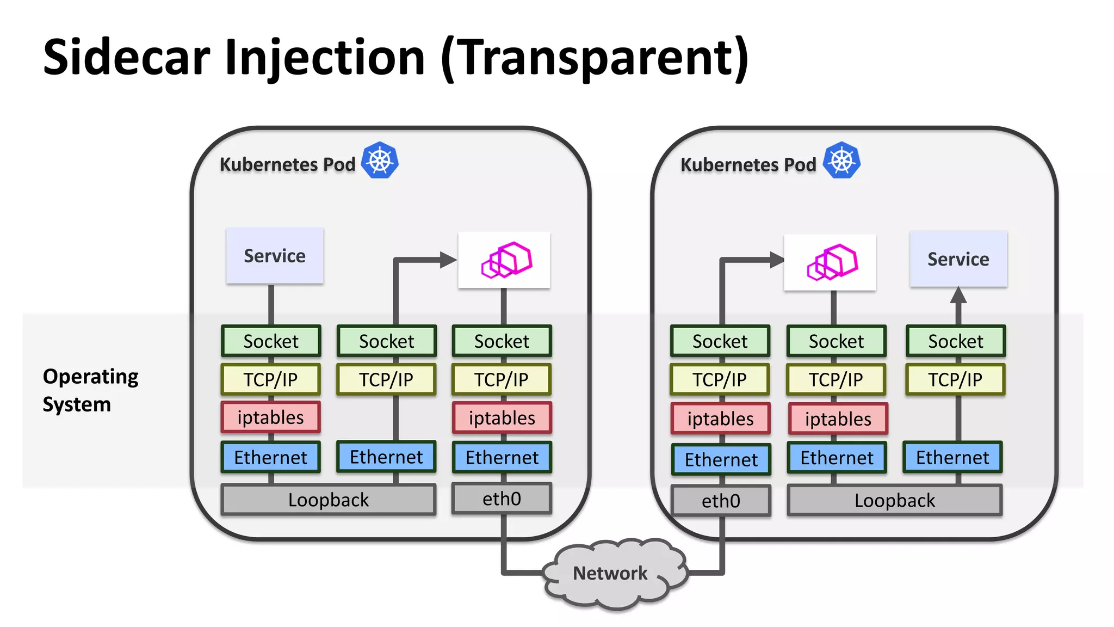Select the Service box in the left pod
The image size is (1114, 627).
point(275,256)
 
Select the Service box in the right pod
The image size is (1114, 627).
point(958,259)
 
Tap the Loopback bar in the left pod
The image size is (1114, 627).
point(328,500)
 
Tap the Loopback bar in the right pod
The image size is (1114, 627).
point(894,500)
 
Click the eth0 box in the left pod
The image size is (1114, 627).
point(502,499)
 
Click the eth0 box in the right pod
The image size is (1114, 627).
point(721,501)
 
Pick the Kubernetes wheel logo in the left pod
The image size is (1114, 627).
point(380,161)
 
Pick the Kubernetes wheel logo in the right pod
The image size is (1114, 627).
point(841,161)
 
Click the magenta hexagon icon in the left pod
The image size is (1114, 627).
point(506,260)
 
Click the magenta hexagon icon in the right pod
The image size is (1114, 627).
point(832,262)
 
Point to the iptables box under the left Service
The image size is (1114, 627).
point(270,417)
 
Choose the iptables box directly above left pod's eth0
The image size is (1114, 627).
point(502,418)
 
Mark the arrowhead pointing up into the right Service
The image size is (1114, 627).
point(958,296)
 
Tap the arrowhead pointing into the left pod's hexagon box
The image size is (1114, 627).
point(448,260)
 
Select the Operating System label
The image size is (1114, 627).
point(90,390)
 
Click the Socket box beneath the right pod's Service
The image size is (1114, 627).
point(955,341)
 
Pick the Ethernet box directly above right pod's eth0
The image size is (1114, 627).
point(721,460)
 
